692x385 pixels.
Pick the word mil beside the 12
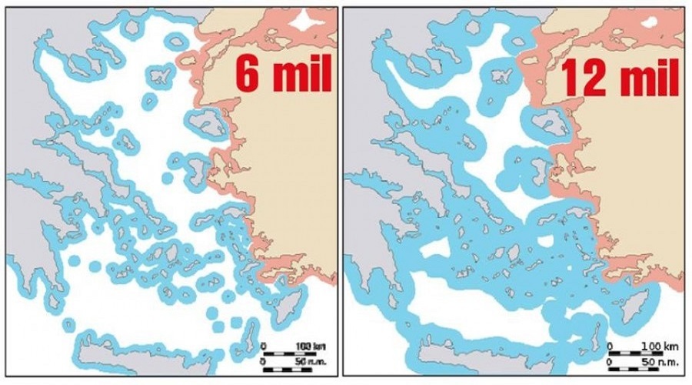644,77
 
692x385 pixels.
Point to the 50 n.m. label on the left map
302,360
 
